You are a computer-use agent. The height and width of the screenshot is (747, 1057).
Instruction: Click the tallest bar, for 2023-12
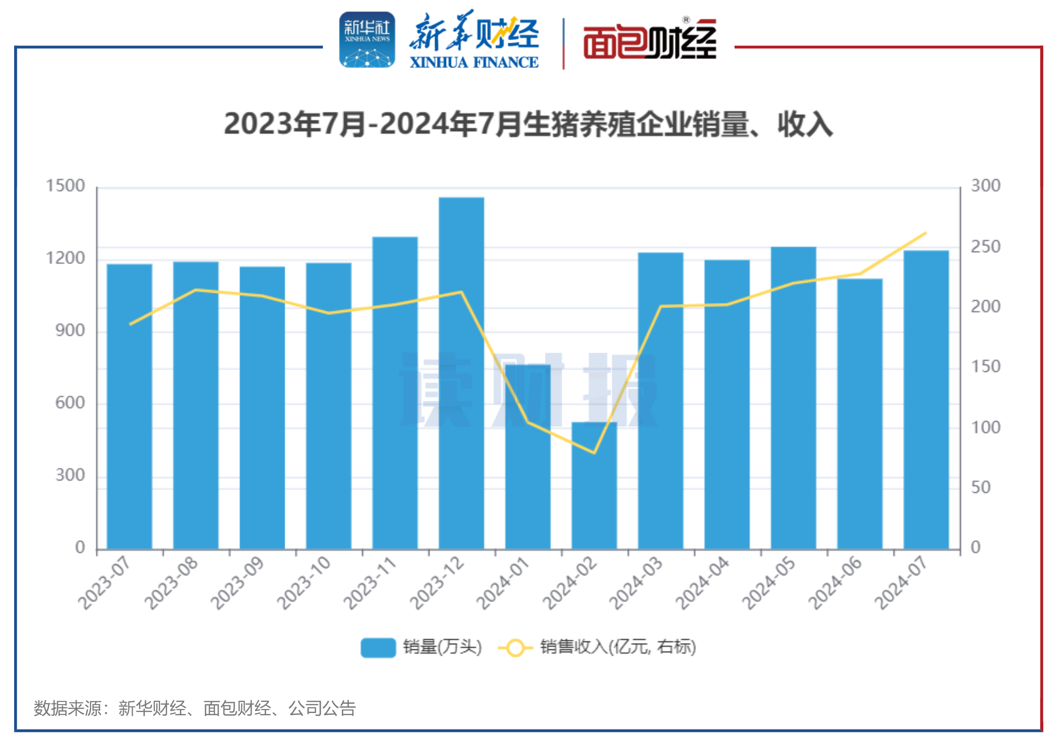[461, 373]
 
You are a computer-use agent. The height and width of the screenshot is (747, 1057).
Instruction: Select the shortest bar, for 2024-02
[594, 486]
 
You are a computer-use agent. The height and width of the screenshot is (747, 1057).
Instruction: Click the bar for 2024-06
[860, 414]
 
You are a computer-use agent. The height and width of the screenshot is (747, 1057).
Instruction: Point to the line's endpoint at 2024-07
[926, 234]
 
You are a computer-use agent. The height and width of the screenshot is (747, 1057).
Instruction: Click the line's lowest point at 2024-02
[594, 453]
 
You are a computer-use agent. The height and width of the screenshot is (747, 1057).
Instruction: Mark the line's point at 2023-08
[196, 290]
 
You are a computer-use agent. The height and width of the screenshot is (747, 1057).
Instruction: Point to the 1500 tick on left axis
[65, 186]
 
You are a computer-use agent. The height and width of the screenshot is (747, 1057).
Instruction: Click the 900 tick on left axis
[70, 331]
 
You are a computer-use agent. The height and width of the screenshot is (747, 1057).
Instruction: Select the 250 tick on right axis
[985, 247]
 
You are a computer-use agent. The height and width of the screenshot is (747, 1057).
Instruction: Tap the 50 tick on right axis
[981, 487]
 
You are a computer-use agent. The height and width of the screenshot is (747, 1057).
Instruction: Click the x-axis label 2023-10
[304, 583]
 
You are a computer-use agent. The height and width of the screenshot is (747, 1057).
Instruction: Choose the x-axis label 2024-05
[769, 583]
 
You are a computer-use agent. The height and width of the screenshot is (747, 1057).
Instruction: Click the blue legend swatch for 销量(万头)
[378, 648]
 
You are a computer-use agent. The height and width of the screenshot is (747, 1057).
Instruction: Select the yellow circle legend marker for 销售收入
[515, 648]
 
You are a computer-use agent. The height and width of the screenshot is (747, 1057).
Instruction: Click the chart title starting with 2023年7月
[528, 124]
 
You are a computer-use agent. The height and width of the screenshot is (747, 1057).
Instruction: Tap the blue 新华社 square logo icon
[367, 40]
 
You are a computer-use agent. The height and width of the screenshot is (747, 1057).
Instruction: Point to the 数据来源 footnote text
[194, 708]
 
